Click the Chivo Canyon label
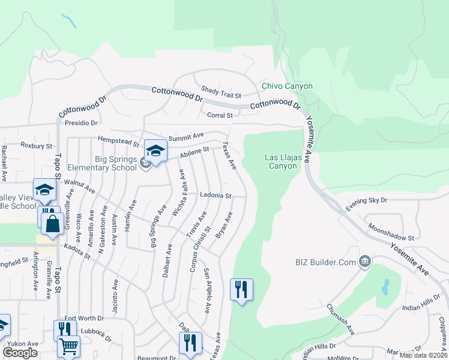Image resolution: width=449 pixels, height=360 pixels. pos(287,86)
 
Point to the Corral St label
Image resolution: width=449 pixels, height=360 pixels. pos(219,115)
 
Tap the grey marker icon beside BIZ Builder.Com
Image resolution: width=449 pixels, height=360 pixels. pos(364,262)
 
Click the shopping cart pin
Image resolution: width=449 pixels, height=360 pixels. pos(69,346)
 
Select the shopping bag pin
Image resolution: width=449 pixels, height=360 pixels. pos(53,224)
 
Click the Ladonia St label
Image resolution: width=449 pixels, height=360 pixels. pos(215,196)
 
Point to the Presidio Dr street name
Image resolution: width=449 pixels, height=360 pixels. pos(81,123)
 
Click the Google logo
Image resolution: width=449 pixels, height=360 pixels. pos(20,352)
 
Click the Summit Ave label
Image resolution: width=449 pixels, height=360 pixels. pos(186,137)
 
